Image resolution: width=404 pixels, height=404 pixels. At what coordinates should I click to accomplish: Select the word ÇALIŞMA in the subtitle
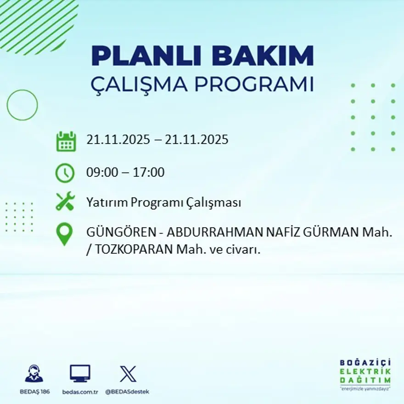coord(140,85)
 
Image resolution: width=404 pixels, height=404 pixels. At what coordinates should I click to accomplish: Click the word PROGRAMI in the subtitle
coord(255,85)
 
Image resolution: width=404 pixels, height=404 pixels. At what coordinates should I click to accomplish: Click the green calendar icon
coord(66,141)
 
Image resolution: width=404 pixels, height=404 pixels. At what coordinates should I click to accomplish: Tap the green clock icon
coord(65,173)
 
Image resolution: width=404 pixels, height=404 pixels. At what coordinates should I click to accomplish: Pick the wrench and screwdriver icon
coord(65,202)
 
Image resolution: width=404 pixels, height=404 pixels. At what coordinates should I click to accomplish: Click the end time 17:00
coord(148,173)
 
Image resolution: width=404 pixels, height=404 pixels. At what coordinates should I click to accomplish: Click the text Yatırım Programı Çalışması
coord(163,202)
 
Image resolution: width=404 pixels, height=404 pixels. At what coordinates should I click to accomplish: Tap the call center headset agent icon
coord(34,374)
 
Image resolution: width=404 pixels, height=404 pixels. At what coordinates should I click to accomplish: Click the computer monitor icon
coord(80,374)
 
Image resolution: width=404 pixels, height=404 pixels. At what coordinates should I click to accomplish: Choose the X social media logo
coord(128,374)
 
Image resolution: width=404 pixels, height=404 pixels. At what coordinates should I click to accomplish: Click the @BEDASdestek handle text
coord(127,392)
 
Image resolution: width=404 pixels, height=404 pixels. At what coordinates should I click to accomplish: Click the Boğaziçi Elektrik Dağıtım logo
coord(365,374)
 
